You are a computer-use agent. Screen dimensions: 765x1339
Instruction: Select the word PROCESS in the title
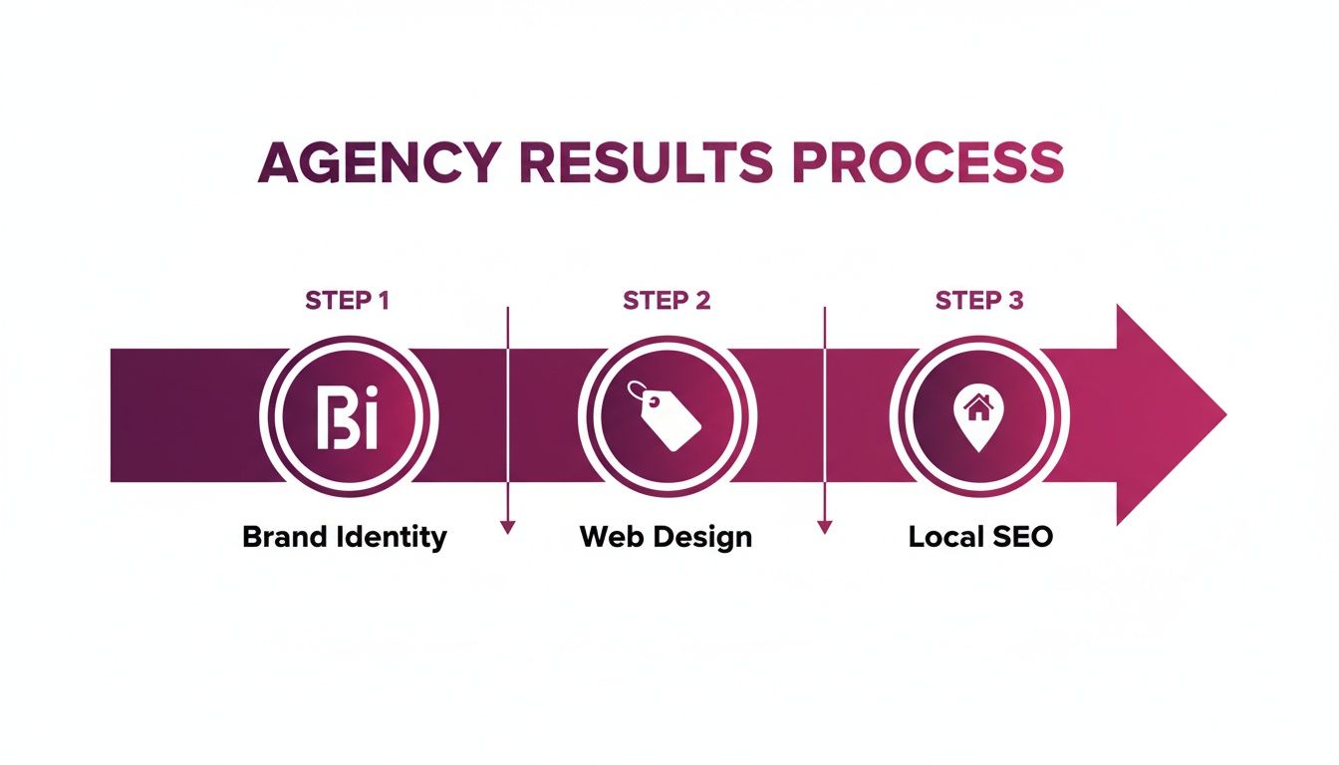(929, 162)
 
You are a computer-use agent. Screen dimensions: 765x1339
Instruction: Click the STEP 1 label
(347, 300)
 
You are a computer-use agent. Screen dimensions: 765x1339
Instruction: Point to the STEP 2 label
(667, 300)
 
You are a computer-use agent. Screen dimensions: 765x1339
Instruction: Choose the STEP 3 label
(979, 300)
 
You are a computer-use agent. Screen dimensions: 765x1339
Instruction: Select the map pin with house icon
(979, 416)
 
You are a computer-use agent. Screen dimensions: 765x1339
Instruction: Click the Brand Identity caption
(345, 537)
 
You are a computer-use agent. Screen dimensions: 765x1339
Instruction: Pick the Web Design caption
(666, 537)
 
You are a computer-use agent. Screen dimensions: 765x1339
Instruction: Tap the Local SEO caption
(980, 537)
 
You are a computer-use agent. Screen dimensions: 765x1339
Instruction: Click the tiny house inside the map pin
(979, 406)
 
